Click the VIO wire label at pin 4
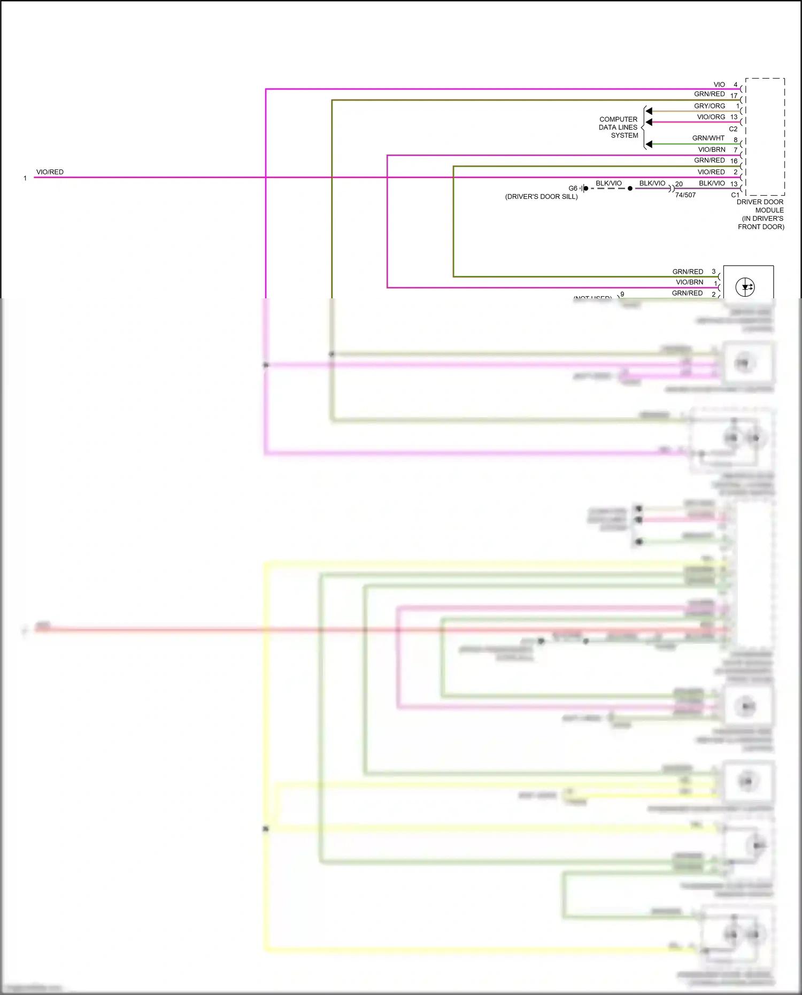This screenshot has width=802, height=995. [x=719, y=84]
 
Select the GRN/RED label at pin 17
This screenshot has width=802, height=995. [x=709, y=94]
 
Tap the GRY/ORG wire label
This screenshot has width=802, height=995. [x=709, y=106]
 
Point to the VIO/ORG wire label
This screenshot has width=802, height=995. [x=711, y=117]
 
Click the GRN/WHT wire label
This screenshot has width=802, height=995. [x=708, y=138]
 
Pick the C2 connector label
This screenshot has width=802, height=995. [x=733, y=129]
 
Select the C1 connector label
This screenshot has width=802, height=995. [x=735, y=195]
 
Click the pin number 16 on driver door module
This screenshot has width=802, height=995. [x=734, y=161]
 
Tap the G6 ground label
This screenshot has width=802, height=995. [x=573, y=188]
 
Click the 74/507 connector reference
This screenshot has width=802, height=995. [x=685, y=195]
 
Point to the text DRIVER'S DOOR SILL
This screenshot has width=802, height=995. [x=541, y=197]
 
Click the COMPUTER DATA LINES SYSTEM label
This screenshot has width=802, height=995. [x=619, y=127]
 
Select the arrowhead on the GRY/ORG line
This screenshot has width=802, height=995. [x=649, y=111]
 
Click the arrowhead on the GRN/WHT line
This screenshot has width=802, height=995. [x=649, y=144]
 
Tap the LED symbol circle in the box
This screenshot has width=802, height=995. [x=745, y=287]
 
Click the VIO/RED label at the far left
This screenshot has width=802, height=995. [x=50, y=172]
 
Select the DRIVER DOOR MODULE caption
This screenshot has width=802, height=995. [x=760, y=214]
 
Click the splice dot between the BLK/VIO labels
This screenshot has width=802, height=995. [x=630, y=188]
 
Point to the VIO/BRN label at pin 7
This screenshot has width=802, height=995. [x=711, y=150]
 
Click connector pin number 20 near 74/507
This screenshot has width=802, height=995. [x=679, y=184]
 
